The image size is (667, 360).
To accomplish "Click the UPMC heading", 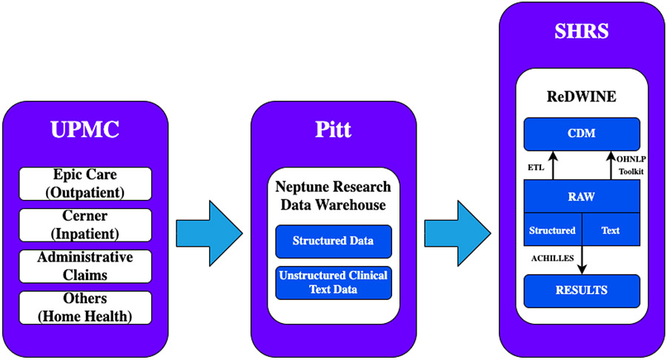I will click(84, 130).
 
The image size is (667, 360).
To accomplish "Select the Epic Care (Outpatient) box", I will click(85, 184).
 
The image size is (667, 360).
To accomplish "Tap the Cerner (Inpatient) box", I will click(85, 224).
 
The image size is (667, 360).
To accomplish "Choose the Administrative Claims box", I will click(85, 266).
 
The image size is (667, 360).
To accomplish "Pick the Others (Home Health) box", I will click(85, 307).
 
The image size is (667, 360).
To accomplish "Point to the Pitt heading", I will click(333, 130).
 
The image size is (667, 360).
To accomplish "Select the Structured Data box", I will click(333, 241).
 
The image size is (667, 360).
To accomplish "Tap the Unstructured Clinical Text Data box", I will click(333, 282).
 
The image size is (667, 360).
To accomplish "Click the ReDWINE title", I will click(582, 98).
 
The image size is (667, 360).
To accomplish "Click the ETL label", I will click(535, 167).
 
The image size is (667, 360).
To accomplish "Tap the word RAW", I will click(582, 198).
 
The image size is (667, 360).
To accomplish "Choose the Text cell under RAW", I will click(611, 230).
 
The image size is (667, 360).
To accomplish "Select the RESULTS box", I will click(582, 290).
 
